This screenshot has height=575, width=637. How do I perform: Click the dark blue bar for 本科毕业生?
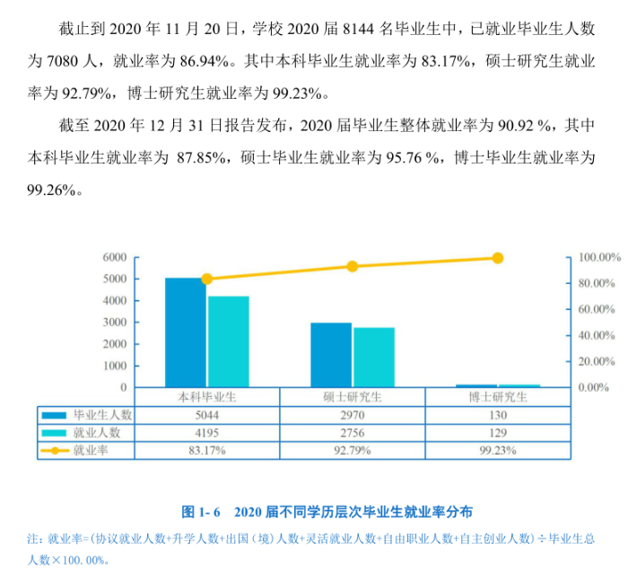[x=186, y=332]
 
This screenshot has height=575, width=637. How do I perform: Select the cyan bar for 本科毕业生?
[x=228, y=341]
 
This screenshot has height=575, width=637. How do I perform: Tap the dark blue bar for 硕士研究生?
[x=330, y=355]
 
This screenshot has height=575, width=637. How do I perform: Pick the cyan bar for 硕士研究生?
[x=373, y=358]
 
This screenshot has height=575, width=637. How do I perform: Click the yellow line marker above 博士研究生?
[x=498, y=258]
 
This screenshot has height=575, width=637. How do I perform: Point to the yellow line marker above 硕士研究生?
[x=353, y=266]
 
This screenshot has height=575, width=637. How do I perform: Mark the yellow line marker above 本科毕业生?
[x=207, y=279]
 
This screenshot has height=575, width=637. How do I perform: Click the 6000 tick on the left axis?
[x=115, y=257]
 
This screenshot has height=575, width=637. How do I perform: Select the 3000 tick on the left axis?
[x=115, y=323]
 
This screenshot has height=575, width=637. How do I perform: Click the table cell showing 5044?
[x=207, y=416]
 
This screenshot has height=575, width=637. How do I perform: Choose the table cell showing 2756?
[x=353, y=432]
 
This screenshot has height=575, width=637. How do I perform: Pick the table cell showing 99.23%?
[x=498, y=449]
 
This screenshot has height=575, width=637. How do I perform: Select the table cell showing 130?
[x=498, y=416]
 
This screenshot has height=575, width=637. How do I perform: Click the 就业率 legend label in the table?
[x=91, y=449]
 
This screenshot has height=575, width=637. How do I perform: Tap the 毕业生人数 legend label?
[x=102, y=416]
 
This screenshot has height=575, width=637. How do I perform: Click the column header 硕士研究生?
[x=353, y=398]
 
